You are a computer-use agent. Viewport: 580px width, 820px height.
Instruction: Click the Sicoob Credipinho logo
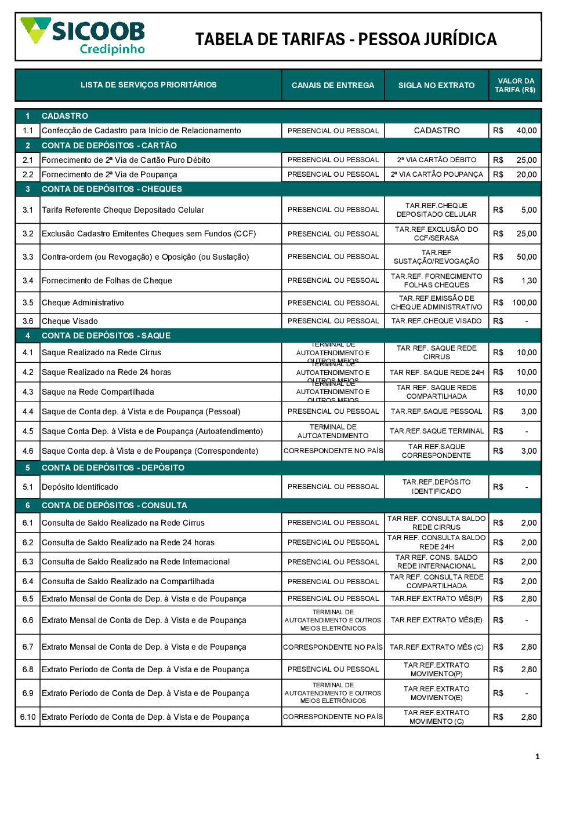click(x=83, y=36)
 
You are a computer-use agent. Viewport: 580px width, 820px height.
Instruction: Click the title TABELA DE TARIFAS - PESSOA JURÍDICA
click(x=346, y=39)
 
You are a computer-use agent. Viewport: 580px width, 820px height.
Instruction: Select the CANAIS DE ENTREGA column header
click(x=333, y=85)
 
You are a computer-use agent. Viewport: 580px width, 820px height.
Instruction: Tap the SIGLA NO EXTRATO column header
click(x=436, y=85)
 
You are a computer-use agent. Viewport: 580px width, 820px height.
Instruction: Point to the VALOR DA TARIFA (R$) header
click(x=515, y=85)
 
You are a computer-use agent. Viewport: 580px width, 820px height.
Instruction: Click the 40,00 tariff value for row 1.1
click(x=527, y=131)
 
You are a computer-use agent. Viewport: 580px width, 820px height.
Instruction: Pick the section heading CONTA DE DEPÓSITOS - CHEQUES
click(x=112, y=189)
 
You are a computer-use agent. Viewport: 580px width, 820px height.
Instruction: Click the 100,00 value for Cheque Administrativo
click(x=524, y=303)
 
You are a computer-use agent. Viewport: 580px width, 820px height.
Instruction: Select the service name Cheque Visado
click(x=70, y=321)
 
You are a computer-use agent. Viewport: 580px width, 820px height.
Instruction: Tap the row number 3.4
click(x=28, y=280)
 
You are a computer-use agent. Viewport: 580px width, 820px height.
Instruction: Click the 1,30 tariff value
click(x=529, y=280)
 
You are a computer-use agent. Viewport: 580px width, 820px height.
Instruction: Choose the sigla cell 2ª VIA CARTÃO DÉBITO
click(x=437, y=160)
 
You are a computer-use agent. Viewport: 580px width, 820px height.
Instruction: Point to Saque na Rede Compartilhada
click(x=98, y=392)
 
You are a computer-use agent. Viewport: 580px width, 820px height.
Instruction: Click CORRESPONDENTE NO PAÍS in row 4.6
click(x=333, y=451)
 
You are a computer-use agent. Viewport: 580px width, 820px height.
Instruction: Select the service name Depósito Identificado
click(x=80, y=487)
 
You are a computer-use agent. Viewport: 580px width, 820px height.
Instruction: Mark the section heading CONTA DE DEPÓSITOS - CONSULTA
click(x=114, y=505)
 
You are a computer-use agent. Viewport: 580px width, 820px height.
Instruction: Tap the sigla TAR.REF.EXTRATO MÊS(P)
click(x=437, y=599)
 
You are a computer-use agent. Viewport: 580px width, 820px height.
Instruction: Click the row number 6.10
click(x=28, y=717)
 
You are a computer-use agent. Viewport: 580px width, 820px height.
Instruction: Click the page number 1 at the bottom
click(x=537, y=756)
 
